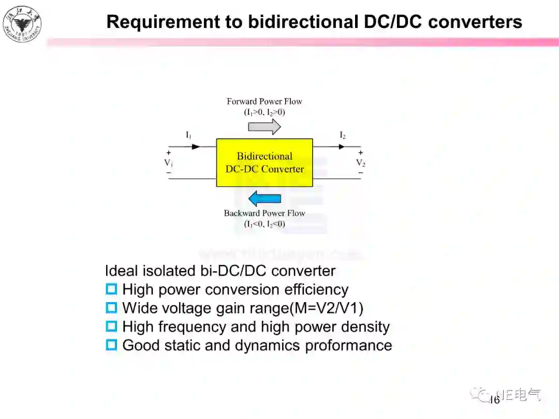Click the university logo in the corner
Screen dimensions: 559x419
click(x=22, y=22)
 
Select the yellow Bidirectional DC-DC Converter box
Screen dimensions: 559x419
click(x=264, y=162)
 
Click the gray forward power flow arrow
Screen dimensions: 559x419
click(x=268, y=126)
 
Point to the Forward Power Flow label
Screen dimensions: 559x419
click(x=264, y=101)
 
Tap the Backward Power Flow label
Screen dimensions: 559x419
click(x=264, y=213)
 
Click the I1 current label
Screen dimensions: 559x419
click(x=188, y=135)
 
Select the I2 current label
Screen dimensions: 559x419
click(x=342, y=135)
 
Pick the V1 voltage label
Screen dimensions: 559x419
click(x=168, y=162)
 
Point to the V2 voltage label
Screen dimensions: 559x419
click(x=360, y=162)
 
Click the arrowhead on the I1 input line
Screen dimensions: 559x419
click(x=196, y=146)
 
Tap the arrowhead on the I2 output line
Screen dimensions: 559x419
click(x=341, y=146)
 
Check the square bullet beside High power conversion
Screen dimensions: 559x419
click(x=111, y=289)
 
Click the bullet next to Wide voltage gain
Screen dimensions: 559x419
click(x=111, y=308)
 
